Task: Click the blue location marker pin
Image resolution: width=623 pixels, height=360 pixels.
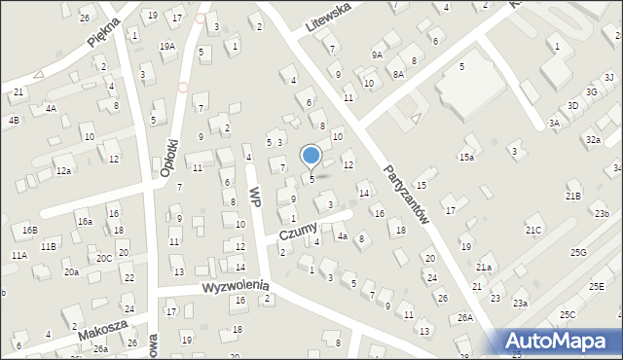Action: coord(311,156)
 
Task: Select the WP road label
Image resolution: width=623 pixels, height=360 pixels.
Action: coord(256,196)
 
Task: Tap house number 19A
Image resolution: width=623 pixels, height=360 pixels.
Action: coord(167,46)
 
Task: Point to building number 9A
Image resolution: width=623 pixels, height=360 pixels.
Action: coord(377,55)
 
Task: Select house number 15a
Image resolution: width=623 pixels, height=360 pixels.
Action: coord(467,157)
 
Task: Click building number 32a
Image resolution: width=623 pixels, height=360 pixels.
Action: coord(592,139)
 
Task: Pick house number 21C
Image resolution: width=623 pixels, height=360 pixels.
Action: coord(533,230)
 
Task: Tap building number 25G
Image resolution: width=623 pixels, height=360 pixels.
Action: coord(579,252)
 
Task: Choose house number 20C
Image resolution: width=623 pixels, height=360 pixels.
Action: coord(103,258)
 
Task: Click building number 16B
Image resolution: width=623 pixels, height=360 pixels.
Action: coord(29,231)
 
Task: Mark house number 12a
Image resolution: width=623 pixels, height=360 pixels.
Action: coord(63,170)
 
